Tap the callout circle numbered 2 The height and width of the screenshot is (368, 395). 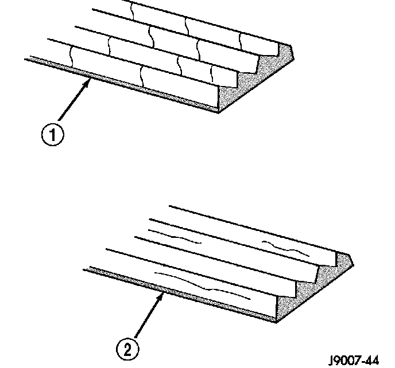coord(127,347)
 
